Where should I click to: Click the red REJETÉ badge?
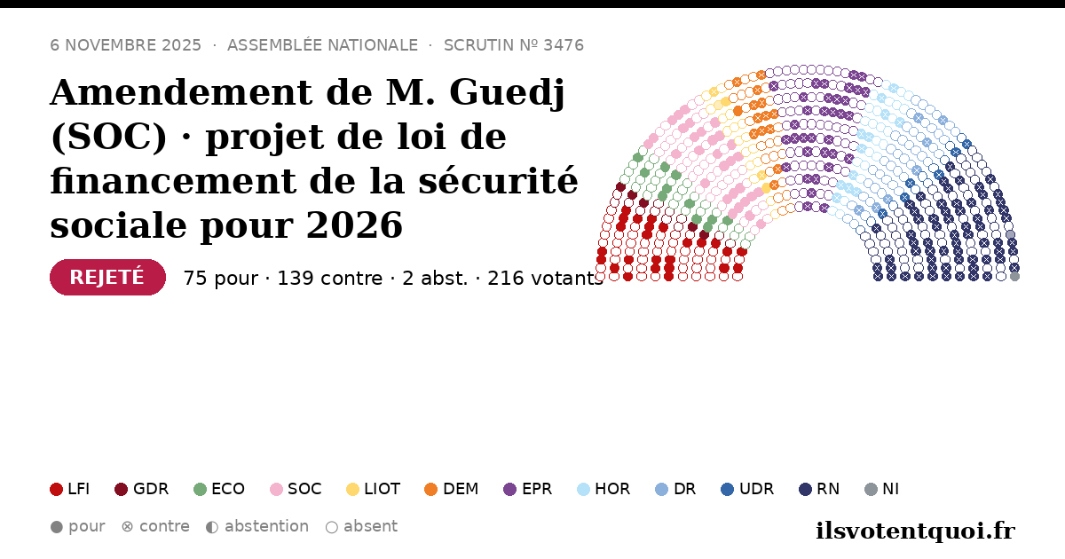point(107,277)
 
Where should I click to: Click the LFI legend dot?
point(56,489)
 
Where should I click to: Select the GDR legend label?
point(151,489)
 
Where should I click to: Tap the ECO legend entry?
point(219,489)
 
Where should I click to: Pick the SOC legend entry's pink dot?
point(276,489)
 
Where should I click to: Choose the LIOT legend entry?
point(374,489)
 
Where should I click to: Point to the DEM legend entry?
point(451,489)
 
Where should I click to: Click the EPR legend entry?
point(528,489)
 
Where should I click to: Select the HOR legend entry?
point(603,489)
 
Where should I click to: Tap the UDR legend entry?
point(747,489)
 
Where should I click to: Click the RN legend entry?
point(819,489)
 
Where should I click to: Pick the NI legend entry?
point(881,489)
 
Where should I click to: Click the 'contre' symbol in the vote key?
point(128,527)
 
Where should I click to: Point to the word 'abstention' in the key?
point(267,526)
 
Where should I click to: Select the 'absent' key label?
point(370,526)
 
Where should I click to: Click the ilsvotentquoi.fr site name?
point(915,531)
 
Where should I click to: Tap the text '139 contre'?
point(329,278)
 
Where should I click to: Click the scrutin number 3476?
point(564,45)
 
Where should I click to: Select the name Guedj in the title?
point(507,92)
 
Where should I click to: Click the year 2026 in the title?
point(354,224)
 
